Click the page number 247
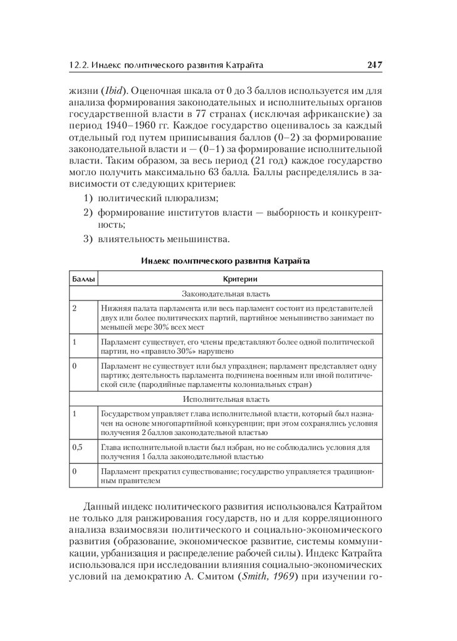coord(374,64)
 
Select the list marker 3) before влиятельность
coord(88,238)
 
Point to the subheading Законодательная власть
coord(226,293)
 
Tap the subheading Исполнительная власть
coord(226,399)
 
